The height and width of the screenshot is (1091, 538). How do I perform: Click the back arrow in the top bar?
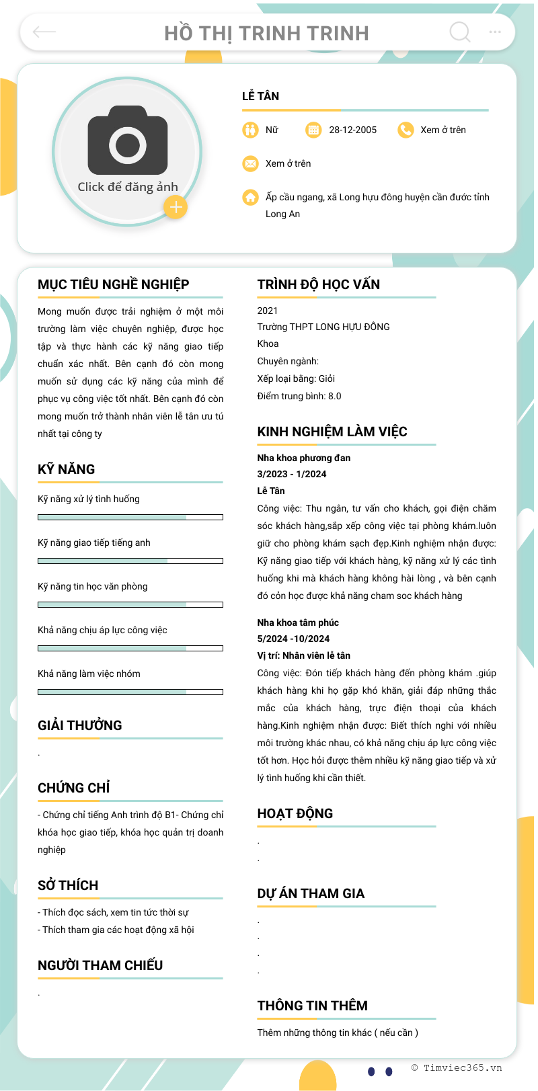tap(44, 32)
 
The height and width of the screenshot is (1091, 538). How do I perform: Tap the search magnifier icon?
tap(459, 32)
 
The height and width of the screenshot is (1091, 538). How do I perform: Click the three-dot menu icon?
tap(495, 32)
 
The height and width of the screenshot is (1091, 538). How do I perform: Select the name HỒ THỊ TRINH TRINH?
tap(266, 33)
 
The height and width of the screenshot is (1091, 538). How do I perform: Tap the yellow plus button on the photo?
tap(176, 207)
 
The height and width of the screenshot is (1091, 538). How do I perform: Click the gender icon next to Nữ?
tap(250, 130)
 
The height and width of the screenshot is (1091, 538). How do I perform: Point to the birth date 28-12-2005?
tap(352, 130)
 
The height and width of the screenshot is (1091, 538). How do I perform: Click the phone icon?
tap(406, 130)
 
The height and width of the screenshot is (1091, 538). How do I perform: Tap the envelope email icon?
tap(250, 163)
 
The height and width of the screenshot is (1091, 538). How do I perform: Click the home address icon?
tap(250, 197)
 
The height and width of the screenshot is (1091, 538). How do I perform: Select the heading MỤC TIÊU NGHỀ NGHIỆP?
tap(114, 284)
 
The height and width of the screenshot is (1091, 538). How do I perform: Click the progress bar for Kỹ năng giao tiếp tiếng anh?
tap(130, 561)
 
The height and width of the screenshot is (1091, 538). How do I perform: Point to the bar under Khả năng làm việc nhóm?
tap(130, 692)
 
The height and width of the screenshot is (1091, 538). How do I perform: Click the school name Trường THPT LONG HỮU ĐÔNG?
tap(323, 327)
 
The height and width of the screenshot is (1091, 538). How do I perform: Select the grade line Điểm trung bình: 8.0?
tap(299, 396)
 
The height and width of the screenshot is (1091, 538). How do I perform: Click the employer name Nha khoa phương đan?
tap(304, 458)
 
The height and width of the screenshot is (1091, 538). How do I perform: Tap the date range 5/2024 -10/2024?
tap(293, 639)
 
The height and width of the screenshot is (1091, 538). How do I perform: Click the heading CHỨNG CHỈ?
tap(74, 788)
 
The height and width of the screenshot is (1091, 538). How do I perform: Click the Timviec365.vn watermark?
tap(457, 1067)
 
